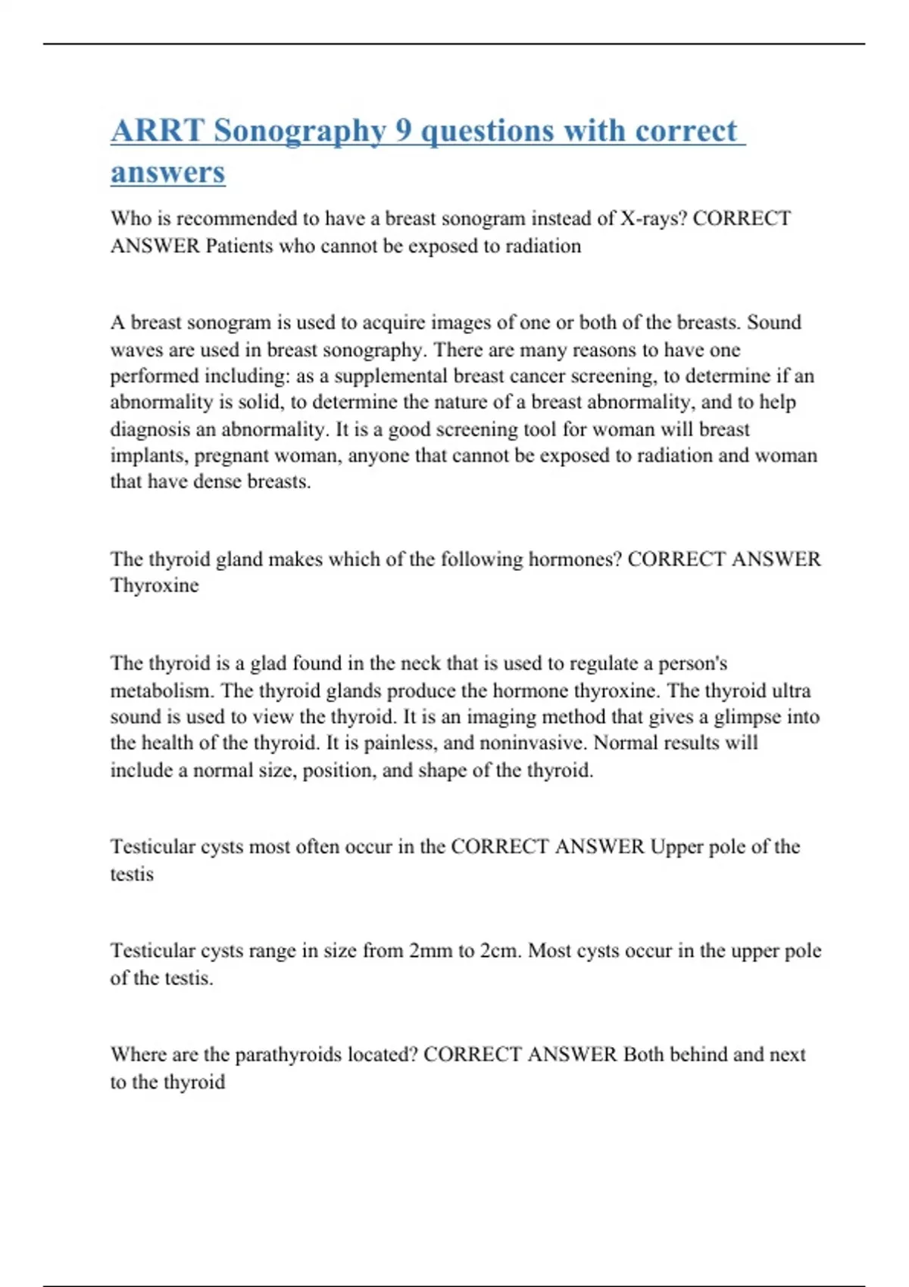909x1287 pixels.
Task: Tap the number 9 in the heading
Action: coord(403,130)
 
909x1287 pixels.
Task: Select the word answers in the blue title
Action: coord(167,172)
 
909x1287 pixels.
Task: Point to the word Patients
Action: coord(239,246)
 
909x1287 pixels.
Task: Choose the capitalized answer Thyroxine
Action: coord(155,585)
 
